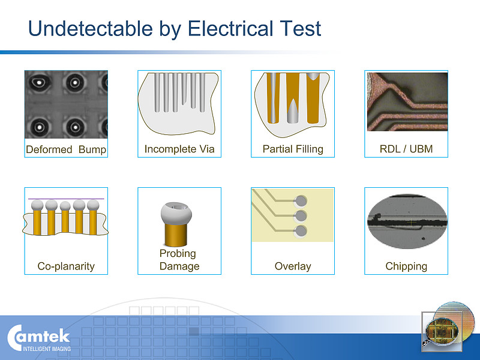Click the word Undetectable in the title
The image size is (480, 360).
pyautogui.click(x=91, y=28)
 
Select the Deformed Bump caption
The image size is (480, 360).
pyautogui.click(x=66, y=149)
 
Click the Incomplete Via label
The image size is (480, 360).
pyautogui.click(x=179, y=149)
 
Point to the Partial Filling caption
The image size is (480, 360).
pyautogui.click(x=293, y=149)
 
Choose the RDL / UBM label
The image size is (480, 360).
pyautogui.click(x=406, y=149)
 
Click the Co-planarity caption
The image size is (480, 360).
pyautogui.click(x=66, y=266)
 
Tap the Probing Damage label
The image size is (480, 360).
pyautogui.click(x=179, y=260)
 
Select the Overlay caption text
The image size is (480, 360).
pyautogui.click(x=293, y=266)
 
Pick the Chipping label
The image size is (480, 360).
pyautogui.click(x=406, y=266)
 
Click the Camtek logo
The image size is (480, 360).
pyautogui.click(x=39, y=338)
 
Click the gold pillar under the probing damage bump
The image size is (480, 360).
pyautogui.click(x=176, y=235)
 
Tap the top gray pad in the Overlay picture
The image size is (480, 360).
pyautogui.click(x=301, y=201)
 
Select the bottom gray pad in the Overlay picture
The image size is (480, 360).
pyautogui.click(x=301, y=231)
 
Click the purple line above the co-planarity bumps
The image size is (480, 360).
pyautogui.click(x=66, y=199)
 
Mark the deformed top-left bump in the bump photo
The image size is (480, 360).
pyautogui.click(x=40, y=82)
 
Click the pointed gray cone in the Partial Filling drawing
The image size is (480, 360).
pyautogui.click(x=293, y=111)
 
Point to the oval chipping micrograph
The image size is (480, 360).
pyautogui.click(x=407, y=221)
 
